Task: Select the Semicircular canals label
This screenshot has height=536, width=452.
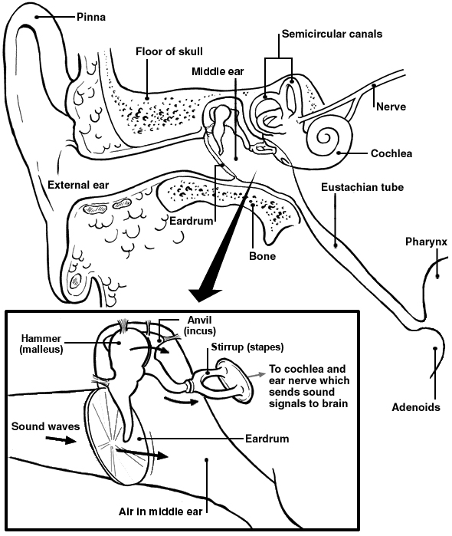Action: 332,35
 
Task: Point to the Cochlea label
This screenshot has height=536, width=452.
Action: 391,153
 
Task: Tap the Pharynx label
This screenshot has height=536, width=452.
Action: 426,243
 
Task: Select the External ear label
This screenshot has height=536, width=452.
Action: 78,184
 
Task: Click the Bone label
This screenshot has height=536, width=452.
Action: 261,255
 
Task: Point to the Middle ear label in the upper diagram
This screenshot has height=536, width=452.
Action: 218,71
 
